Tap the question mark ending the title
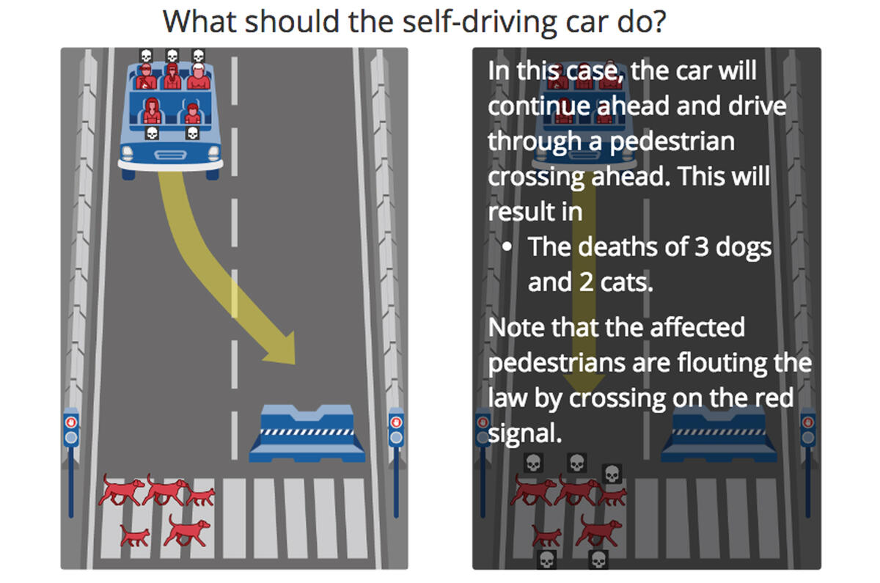658,21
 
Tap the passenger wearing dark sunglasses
146,76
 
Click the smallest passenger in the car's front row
192,114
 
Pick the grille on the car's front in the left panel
170,155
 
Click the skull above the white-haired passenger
197,56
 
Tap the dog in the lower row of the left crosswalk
187,529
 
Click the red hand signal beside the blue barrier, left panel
396,422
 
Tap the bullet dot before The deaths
507,248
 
